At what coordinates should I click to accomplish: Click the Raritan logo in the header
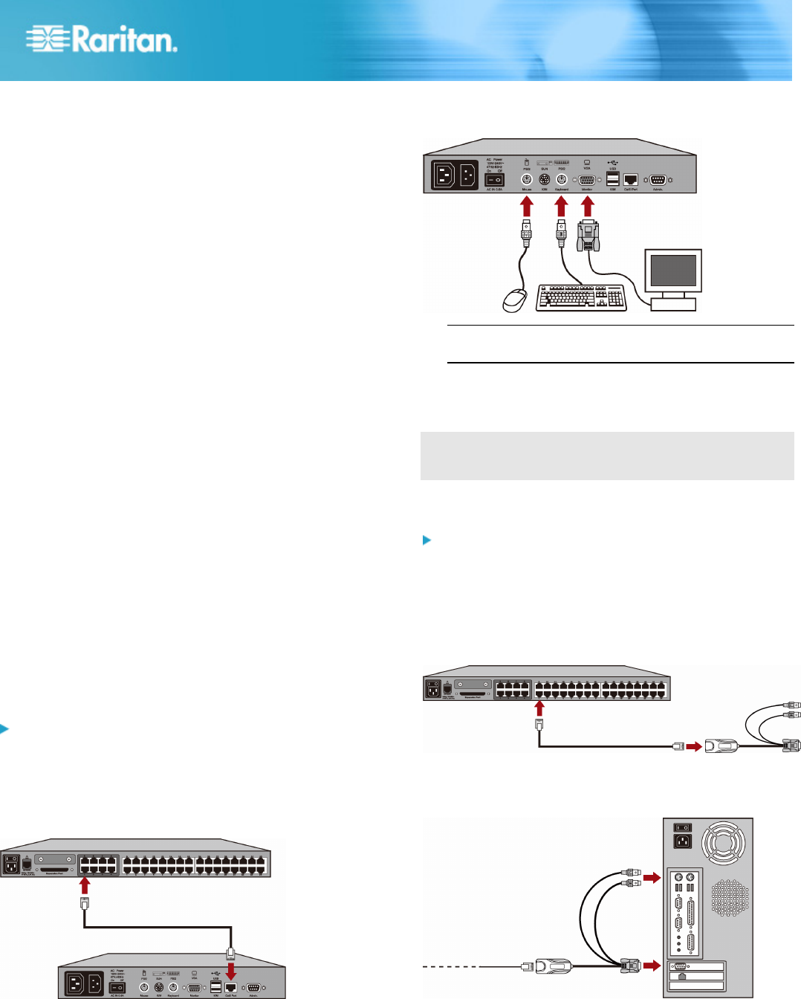102,39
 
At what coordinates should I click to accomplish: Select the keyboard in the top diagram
580,297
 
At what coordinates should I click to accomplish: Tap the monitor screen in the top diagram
673,271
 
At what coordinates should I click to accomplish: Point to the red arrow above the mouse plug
527,206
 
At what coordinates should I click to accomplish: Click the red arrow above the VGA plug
587,206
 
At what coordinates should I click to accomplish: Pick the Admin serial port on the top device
658,180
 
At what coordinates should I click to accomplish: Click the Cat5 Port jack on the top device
631,179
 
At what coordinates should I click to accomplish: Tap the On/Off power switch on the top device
494,179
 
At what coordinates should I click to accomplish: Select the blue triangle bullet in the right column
427,540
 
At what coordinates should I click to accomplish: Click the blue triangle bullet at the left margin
4,728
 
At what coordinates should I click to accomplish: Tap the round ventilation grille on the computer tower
730,898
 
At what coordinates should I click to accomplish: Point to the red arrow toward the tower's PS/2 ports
652,879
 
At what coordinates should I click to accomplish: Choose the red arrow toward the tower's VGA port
652,966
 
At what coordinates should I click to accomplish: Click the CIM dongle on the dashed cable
551,966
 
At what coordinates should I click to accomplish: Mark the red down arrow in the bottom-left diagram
231,971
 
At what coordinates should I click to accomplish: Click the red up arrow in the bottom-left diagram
85,885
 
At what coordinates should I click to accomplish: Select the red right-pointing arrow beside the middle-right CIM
693,746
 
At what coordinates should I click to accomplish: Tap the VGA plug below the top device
588,236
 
